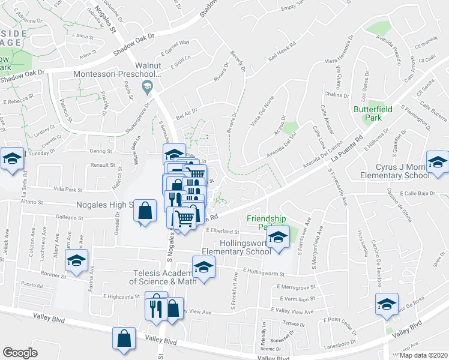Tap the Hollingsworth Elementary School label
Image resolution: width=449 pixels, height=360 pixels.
pyautogui.click(x=237, y=248)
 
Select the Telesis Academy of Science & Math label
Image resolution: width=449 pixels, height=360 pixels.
pyautogui.click(x=170, y=277)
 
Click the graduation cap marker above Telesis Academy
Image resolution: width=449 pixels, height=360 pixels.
pyautogui.click(x=203, y=268)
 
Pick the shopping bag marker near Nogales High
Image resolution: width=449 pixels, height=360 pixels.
pyautogui.click(x=145, y=212)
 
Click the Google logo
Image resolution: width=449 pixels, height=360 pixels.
pyautogui.click(x=20, y=353)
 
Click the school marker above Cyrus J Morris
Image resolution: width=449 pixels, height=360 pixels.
pyautogui.click(x=438, y=163)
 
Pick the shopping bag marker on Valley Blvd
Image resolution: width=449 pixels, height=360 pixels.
pyautogui.click(x=124, y=338)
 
